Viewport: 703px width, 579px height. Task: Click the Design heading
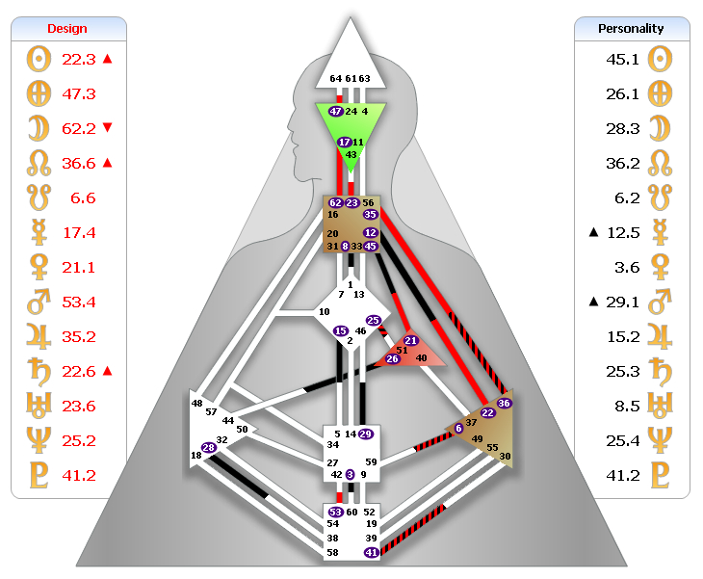tap(67, 29)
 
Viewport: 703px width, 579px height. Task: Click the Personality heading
tap(632, 29)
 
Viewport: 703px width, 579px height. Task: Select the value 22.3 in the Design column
tap(79, 59)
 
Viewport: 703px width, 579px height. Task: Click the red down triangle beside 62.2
tap(107, 128)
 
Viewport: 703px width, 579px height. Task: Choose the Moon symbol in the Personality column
tap(662, 128)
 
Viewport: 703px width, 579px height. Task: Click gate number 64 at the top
tap(335, 78)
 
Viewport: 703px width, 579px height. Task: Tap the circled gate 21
tap(410, 341)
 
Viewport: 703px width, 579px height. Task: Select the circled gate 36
tap(504, 403)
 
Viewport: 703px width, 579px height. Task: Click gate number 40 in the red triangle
tap(421, 358)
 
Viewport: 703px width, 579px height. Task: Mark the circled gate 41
tap(371, 552)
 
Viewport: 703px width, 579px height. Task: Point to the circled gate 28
tap(208, 447)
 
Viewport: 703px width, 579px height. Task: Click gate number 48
tap(197, 403)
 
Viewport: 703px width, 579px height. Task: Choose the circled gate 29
tap(365, 434)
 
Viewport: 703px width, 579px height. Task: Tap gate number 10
tap(324, 312)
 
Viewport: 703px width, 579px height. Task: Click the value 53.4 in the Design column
tap(79, 303)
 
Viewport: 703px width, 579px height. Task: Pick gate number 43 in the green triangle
tap(351, 154)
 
